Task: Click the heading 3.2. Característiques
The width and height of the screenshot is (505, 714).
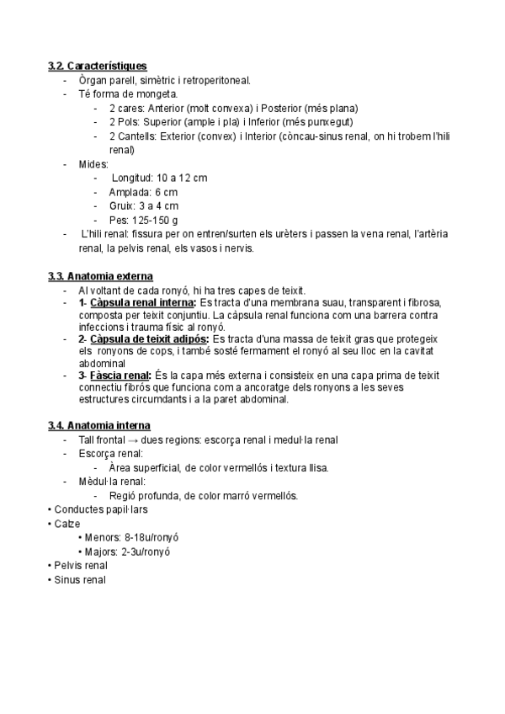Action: pyautogui.click(x=98, y=66)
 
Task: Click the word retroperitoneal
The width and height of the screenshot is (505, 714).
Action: pyautogui.click(x=215, y=80)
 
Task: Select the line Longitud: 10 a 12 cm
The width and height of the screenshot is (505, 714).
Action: pyautogui.click(x=158, y=178)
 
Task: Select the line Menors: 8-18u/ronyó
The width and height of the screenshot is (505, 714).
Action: pyautogui.click(x=133, y=537)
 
